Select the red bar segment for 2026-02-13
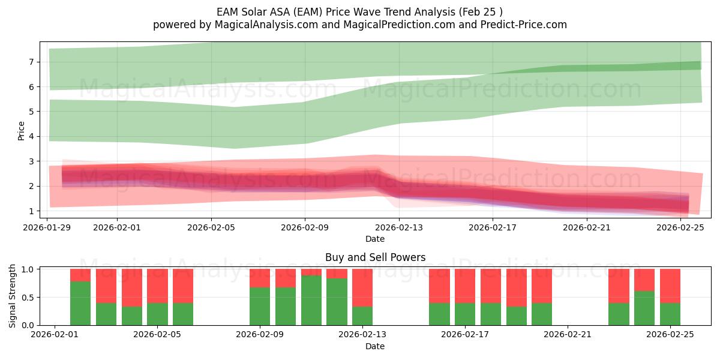tap(362, 287)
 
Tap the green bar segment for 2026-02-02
tap(80, 303)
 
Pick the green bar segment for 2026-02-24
tap(644, 308)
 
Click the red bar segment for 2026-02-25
tap(670, 286)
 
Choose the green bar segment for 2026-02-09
tap(260, 306)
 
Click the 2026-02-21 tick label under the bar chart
tap(567, 334)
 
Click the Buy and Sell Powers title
tap(375, 257)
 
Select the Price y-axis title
tap(21, 130)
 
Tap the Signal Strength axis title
tap(13, 296)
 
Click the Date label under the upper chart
tap(375, 239)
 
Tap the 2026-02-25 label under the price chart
tap(680, 227)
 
